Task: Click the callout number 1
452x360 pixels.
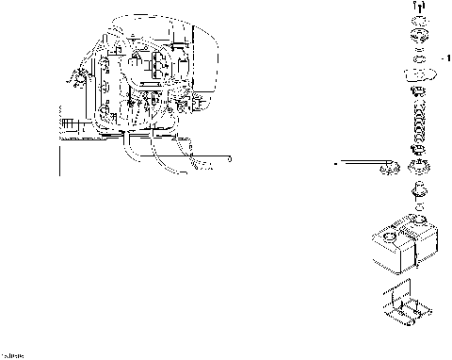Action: [447, 58]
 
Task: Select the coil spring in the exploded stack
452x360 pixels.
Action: [416, 123]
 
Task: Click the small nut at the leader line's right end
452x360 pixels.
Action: [385, 169]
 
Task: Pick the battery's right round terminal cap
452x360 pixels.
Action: [417, 227]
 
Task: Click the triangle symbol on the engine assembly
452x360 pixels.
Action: [137, 59]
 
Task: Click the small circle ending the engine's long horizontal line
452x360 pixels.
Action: [229, 161]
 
